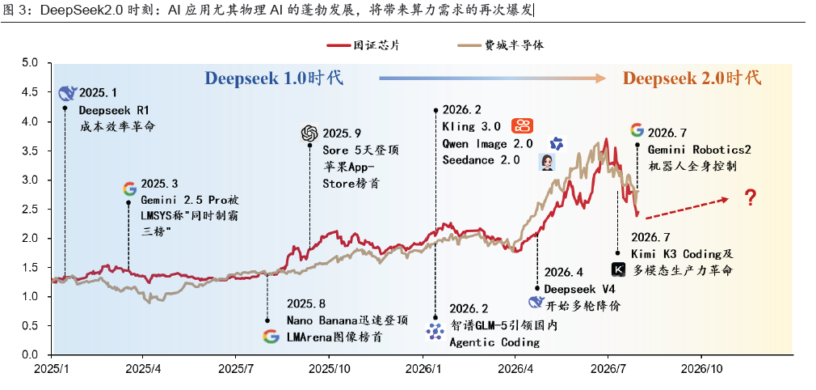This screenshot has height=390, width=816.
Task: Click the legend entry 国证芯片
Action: coord(364,45)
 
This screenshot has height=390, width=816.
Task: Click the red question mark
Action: coord(750,198)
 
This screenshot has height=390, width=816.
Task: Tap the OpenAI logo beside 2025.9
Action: coord(309,134)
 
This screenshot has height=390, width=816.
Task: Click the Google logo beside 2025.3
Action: coord(129,189)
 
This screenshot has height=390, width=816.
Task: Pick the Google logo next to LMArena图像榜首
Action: coord(271,337)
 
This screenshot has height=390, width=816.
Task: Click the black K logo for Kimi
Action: coord(618,269)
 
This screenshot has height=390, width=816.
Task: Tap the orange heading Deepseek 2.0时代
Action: coord(692,78)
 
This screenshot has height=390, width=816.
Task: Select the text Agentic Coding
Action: coord(494,342)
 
